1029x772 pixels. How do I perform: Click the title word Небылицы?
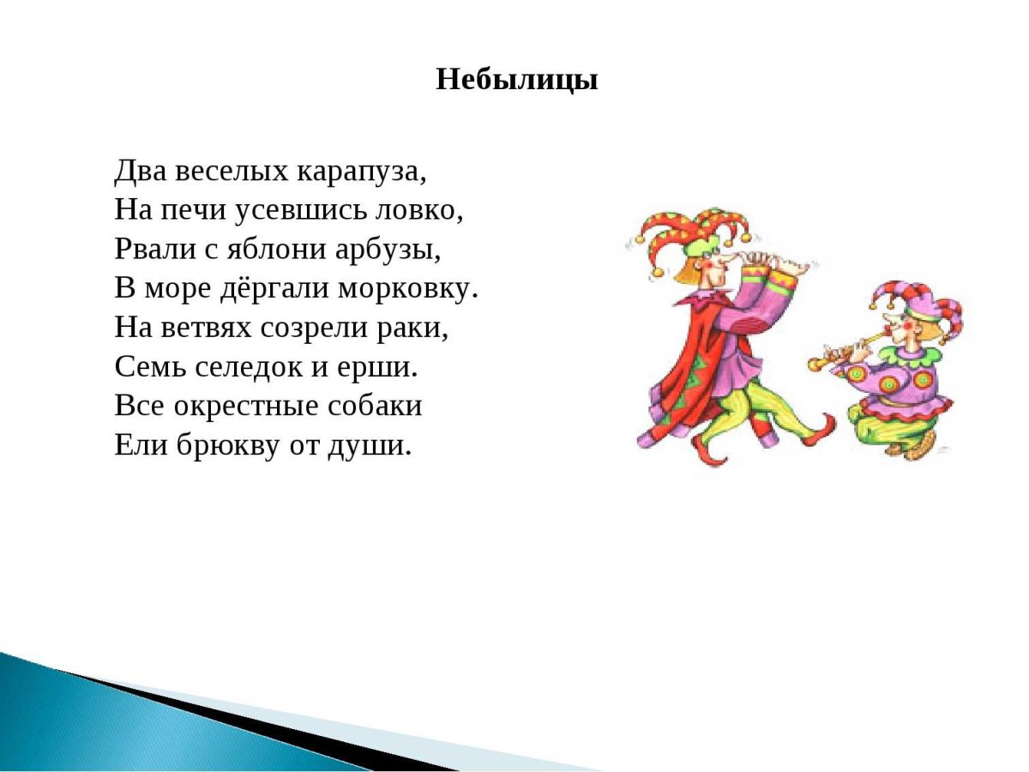[516, 80]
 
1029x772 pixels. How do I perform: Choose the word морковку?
[406, 289]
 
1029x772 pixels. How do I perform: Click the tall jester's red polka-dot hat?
[686, 232]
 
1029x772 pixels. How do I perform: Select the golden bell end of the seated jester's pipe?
[815, 365]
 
